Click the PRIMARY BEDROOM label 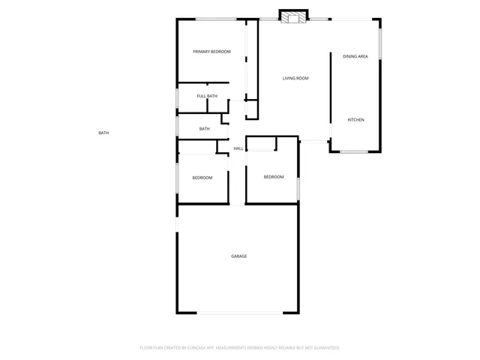pos(211,52)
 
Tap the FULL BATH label pos(207,96)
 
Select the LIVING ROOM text pos(295,78)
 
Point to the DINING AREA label pos(355,56)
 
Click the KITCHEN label pos(355,120)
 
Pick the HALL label pos(238,148)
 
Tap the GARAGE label pos(238,256)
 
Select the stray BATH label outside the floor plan pos(103,133)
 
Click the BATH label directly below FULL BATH pos(204,129)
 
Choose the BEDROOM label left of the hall pos(202,178)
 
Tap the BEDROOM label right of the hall pos(273,177)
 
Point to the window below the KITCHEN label pos(354,152)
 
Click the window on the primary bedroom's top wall pos(217,19)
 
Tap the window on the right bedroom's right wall pos(298,187)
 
